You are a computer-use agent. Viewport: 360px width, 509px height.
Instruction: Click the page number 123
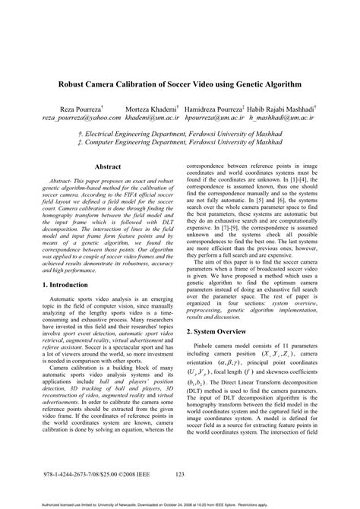[x=180, y=475]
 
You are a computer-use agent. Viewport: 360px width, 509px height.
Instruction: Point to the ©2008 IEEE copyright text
[x=131, y=475]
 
